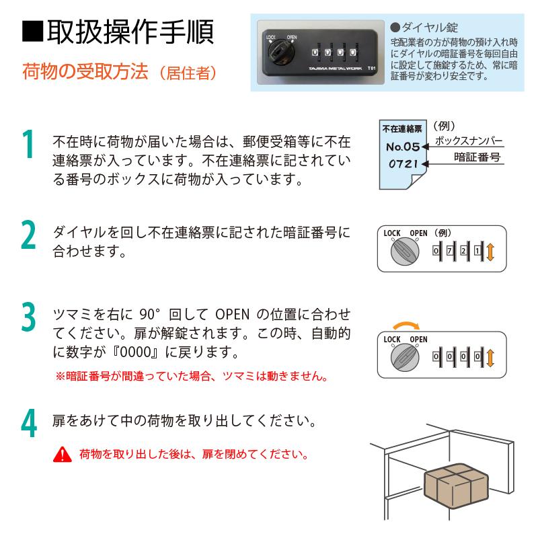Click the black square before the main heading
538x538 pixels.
tap(32, 32)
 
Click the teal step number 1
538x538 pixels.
tap(28, 145)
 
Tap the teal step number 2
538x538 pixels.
tap(28, 235)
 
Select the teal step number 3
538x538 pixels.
tap(28, 317)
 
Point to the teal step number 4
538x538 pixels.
tap(28, 423)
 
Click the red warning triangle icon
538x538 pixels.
tap(63, 455)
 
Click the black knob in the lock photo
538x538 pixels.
tap(281, 53)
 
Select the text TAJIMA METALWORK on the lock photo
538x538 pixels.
tap(335, 69)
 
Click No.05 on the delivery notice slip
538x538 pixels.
tap(403, 147)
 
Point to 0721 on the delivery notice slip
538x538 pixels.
tap(403, 164)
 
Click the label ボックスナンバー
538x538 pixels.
tap(468, 141)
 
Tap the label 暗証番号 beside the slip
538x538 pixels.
tap(477, 157)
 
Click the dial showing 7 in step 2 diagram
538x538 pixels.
tap(449, 251)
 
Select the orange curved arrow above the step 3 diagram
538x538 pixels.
tap(406, 325)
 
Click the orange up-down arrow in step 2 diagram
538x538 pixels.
tap(490, 252)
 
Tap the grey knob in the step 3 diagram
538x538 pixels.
tap(405, 358)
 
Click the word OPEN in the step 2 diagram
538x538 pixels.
tap(418, 233)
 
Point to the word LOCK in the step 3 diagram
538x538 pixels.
tap(392, 340)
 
